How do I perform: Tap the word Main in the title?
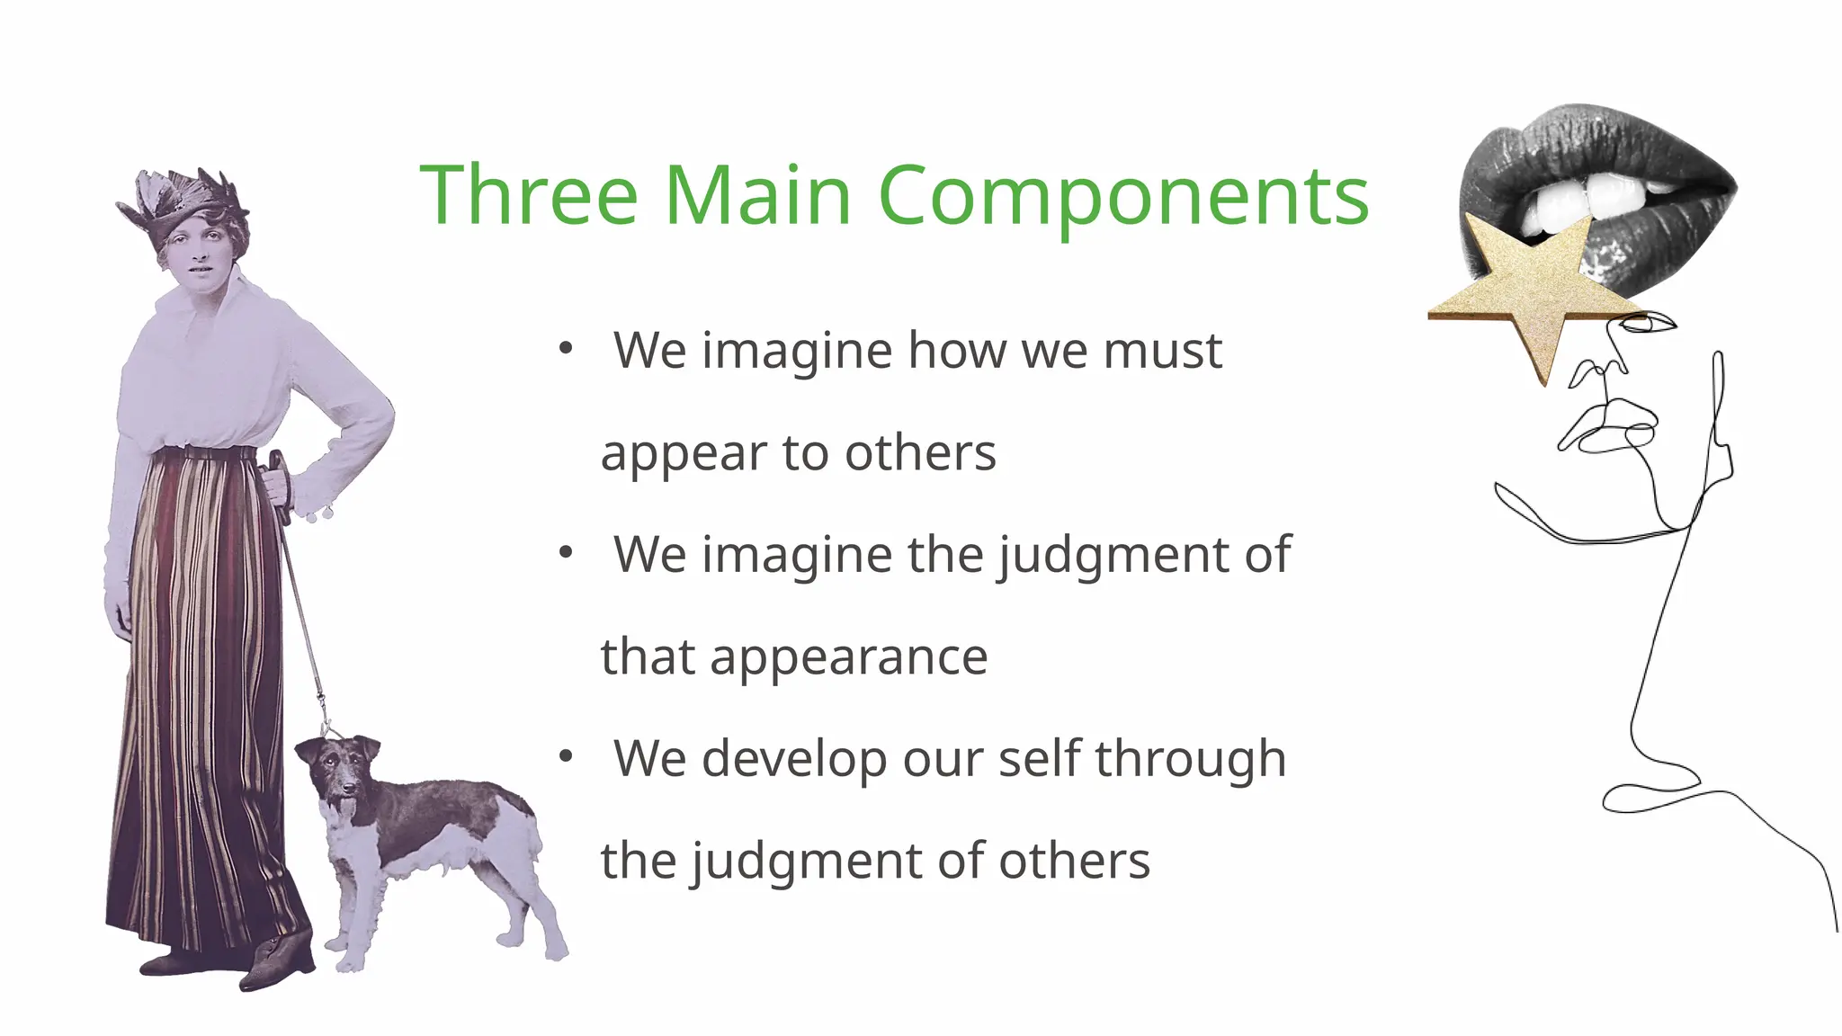pos(757,195)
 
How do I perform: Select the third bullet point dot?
pos(565,758)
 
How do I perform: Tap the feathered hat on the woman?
pos(184,202)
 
